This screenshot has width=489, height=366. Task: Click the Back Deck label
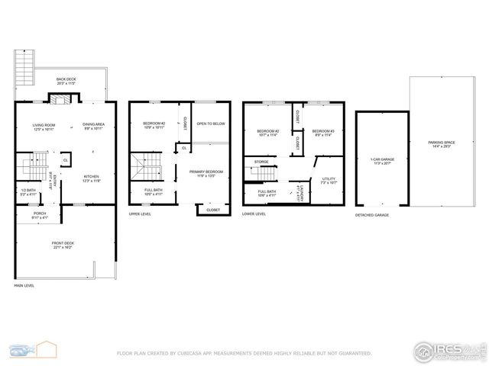point(66,80)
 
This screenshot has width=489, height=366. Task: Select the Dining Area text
point(94,127)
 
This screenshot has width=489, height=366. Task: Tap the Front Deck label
point(63,245)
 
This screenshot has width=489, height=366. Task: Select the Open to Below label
point(210,124)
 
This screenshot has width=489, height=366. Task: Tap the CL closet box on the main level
point(65,160)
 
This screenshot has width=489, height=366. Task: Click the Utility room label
point(329,181)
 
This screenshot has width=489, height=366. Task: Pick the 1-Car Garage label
point(381,162)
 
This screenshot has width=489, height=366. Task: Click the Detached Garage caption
point(372,215)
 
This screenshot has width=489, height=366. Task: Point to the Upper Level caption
point(139,214)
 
